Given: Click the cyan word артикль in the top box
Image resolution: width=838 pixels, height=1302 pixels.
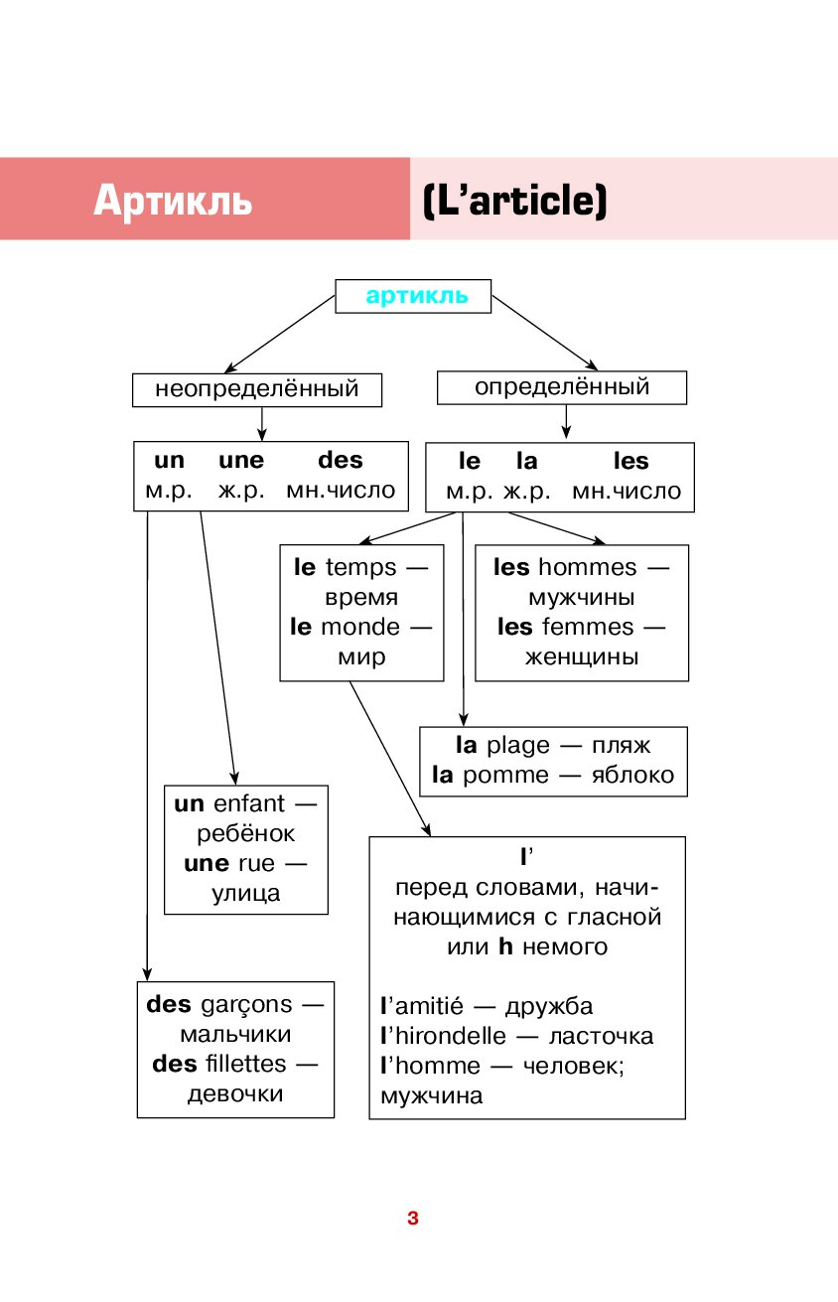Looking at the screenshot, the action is point(416,296).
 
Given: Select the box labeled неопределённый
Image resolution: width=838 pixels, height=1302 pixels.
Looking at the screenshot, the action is point(257,390).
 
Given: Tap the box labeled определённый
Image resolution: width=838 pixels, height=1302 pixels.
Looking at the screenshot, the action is point(561,387).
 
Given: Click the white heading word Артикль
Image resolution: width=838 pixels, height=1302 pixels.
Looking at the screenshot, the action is point(173,200).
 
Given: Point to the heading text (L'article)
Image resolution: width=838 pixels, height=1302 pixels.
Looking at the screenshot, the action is point(515,201).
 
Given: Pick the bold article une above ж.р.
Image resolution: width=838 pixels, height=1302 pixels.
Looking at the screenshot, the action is point(241,461).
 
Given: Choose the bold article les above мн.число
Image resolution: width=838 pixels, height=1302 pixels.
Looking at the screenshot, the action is point(630,461).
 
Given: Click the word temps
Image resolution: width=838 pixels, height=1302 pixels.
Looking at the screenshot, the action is point(360,568).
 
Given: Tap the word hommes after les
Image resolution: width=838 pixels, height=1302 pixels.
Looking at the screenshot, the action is point(587,567).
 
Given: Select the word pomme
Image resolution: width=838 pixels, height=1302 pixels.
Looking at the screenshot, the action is point(505,775).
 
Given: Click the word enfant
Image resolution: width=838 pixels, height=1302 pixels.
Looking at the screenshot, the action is point(249,803).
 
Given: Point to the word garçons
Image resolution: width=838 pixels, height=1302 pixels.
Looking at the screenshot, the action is point(246,1005).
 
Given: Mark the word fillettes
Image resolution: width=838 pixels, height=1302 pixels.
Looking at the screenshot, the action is point(245,1064).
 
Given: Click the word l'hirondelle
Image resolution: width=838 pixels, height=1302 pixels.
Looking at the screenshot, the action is point(444,1036).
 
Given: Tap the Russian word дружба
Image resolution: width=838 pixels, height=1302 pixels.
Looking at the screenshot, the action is point(549,1007).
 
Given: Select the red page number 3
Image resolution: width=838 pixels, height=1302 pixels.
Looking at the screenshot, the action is point(413,1218).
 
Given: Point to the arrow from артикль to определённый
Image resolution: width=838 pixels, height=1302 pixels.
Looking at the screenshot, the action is point(545,333).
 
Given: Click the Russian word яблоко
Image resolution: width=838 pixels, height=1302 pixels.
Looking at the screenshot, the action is point(632,775).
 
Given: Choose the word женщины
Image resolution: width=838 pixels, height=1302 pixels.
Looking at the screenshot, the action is point(582,657).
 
